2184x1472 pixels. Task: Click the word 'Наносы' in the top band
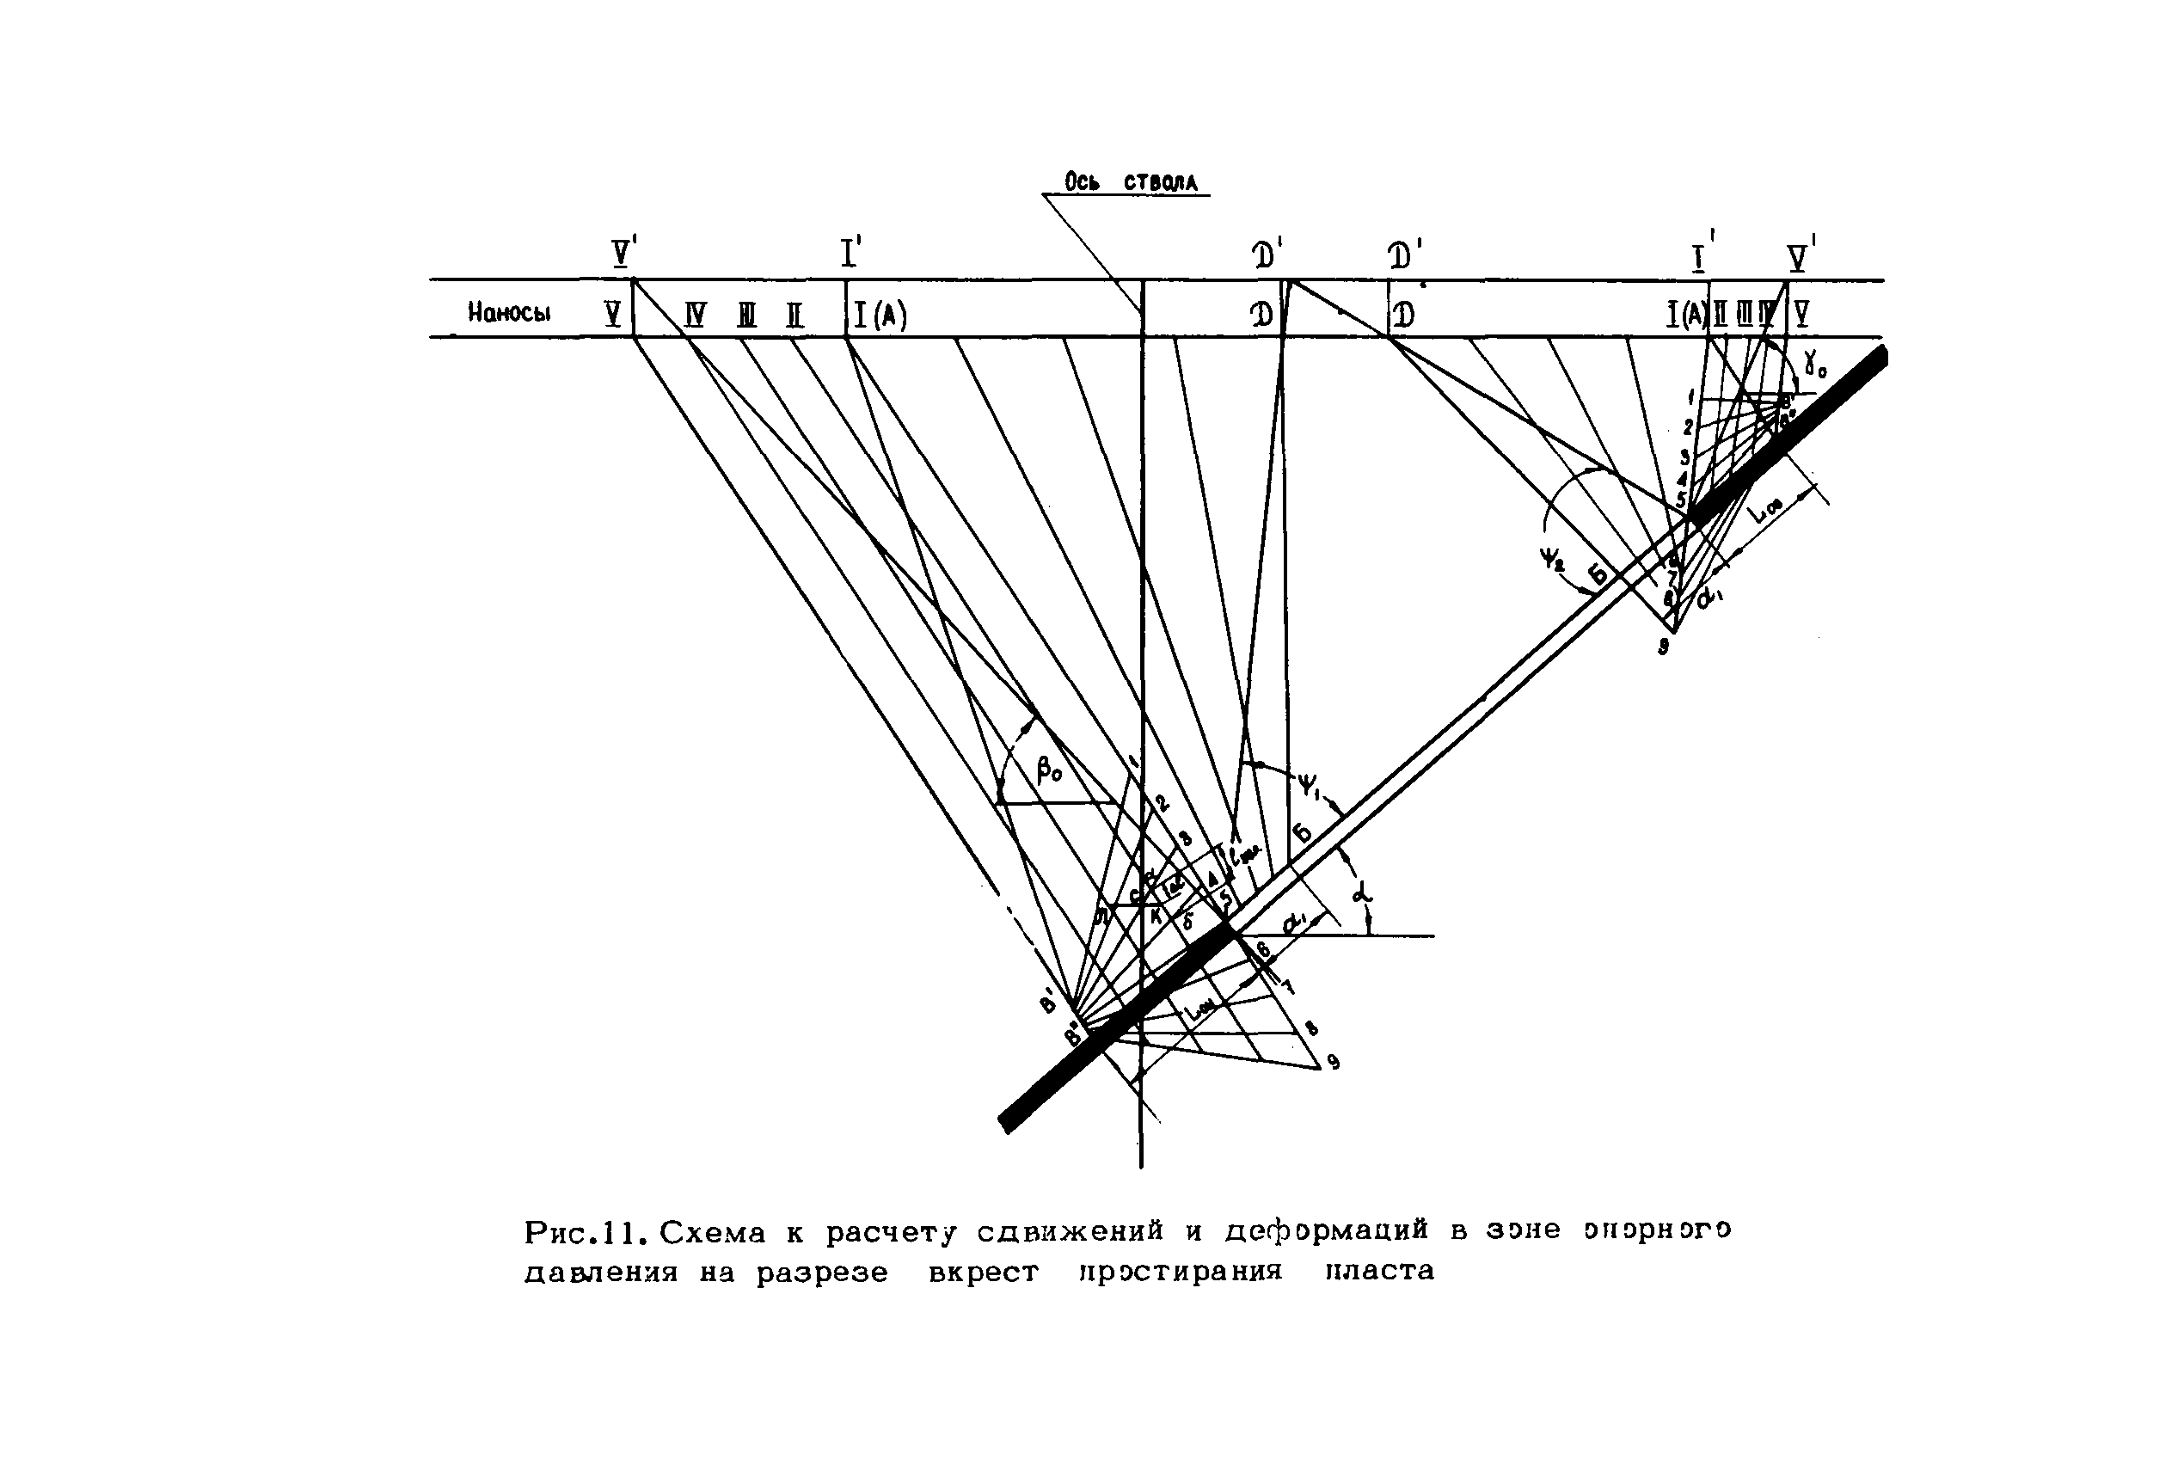pos(509,313)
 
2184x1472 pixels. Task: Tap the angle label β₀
pos(1049,770)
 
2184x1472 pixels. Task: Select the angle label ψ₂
pos(1550,561)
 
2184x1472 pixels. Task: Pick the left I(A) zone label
pos(880,316)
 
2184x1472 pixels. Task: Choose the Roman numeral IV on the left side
pos(695,315)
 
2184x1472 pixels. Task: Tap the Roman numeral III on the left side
pos(746,316)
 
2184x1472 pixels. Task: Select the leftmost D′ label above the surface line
pos(1267,255)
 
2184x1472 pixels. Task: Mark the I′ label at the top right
pos(1702,255)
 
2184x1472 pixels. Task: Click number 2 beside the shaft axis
pos(1162,804)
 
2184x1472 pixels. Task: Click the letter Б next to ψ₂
pos(1598,574)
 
